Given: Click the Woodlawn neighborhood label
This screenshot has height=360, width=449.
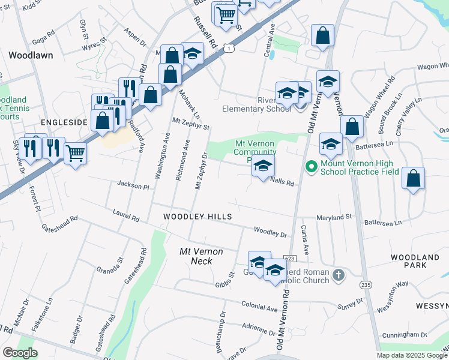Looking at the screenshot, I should [x=31, y=55].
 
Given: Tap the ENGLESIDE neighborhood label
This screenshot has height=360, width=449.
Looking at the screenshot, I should [x=60, y=122].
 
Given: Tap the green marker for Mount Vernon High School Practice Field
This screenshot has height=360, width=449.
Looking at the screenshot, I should [x=311, y=166].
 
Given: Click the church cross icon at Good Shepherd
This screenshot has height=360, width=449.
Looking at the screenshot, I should [x=339, y=275].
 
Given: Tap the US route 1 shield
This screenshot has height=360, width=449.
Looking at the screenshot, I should [x=228, y=47].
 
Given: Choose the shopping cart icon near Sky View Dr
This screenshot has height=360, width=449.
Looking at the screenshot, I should [x=74, y=153].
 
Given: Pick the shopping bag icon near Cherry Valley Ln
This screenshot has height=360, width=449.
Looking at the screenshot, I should [x=413, y=178].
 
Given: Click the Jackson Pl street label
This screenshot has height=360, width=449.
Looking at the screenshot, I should [x=133, y=187].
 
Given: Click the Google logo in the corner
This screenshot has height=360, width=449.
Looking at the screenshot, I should [x=20, y=352].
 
